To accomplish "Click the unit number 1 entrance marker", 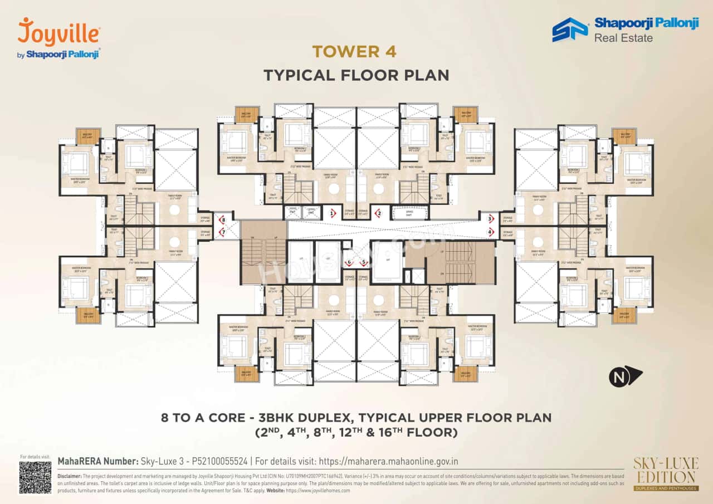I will coord(333,213).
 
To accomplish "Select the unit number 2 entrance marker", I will coord(379,213).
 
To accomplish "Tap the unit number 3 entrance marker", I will coord(490,219).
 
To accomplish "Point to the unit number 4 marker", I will coord(490,232).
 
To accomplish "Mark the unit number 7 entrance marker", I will coord(223,232).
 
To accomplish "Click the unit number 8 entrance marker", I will coord(223,220).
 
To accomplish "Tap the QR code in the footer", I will coord(35,477).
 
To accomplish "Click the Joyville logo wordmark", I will coord(59,32).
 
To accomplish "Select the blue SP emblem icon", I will coord(570,30).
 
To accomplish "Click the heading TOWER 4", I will coord(354,52).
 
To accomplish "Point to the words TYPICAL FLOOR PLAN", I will coord(356,75).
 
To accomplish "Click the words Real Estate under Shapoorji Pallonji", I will coord(623,38).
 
